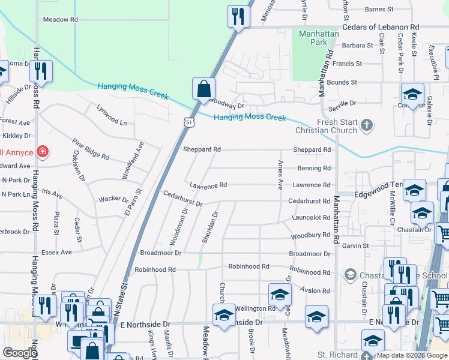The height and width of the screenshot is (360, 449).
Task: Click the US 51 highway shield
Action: coord(190,122)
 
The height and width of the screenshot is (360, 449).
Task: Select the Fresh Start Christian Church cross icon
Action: coord(367,125)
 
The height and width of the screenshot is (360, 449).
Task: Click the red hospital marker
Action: coord(42,151)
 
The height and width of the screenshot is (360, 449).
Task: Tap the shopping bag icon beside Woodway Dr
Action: coord(204,89)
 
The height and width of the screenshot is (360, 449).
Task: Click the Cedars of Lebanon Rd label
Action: coord(381,28)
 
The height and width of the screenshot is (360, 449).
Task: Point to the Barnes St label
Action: coord(379,10)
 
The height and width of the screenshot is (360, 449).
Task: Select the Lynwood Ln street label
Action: coord(112,115)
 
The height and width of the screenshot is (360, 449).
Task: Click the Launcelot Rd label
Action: coord(312,218)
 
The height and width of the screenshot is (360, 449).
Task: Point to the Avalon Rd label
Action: coord(318,291)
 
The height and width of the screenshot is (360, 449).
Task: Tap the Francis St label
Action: coord(348,63)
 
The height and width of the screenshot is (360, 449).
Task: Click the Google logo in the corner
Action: coord(20,353)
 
